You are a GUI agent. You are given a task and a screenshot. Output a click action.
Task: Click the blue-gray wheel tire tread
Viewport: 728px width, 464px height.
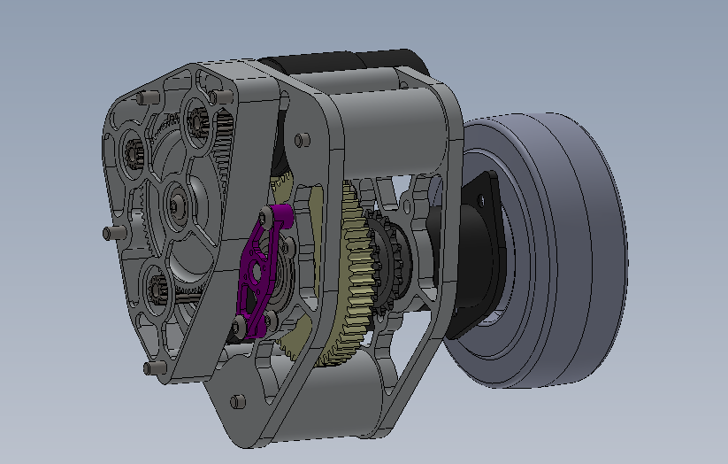[566, 248]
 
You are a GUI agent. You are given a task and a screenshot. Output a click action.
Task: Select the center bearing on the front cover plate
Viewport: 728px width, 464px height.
[180, 206]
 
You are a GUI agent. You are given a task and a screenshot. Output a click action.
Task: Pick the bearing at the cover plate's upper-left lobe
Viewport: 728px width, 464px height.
[134, 153]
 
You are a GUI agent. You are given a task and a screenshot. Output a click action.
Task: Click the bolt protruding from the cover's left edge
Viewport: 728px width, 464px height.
[110, 233]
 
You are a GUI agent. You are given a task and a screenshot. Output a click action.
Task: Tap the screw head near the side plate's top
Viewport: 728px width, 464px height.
[303, 139]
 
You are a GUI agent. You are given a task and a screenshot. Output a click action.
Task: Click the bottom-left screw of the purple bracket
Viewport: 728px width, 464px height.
[237, 329]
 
